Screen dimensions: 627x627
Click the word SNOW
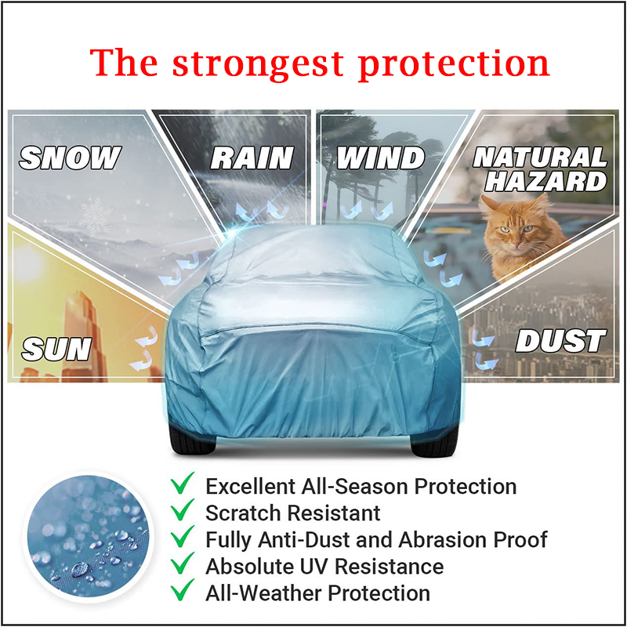71,158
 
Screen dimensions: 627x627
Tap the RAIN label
252,158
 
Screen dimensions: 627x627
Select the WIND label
380,158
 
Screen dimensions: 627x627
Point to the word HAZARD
546,181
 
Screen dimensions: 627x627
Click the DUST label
560,341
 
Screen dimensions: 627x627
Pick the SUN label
56,349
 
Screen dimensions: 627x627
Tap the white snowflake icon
96,217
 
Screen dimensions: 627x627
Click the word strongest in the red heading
258,63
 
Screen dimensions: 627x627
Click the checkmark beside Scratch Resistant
183,512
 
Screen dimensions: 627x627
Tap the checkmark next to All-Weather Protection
183,591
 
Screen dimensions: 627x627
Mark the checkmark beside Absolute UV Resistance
183,564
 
